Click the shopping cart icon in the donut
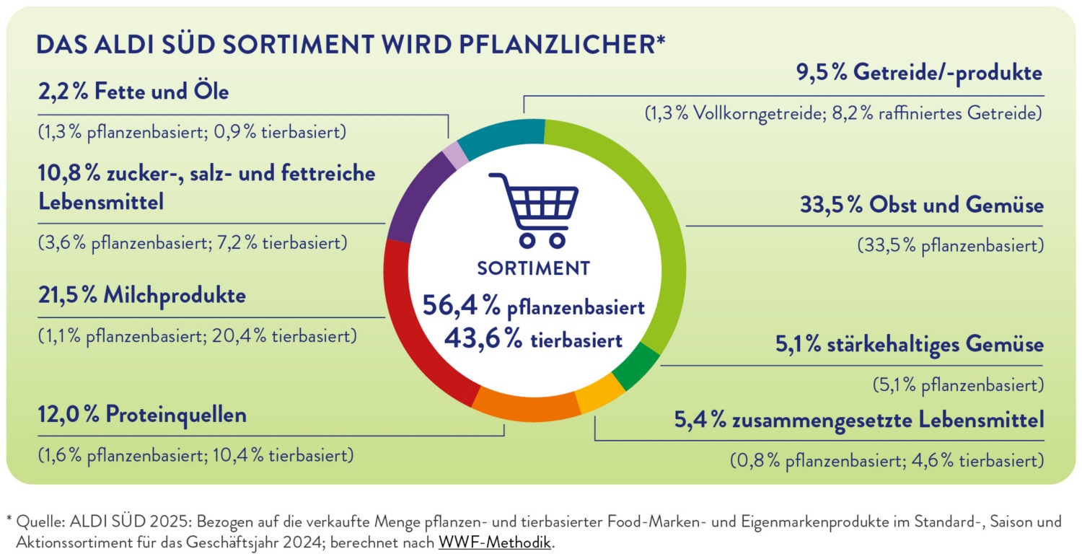click(x=534, y=208)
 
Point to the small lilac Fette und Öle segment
click(x=455, y=154)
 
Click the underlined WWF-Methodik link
click(x=494, y=542)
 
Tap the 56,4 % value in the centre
click(x=462, y=307)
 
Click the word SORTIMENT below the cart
click(x=534, y=268)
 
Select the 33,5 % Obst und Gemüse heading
click(x=921, y=205)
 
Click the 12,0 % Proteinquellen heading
click(x=142, y=415)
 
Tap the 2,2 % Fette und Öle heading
click(x=133, y=93)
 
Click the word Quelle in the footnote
click(x=34, y=520)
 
